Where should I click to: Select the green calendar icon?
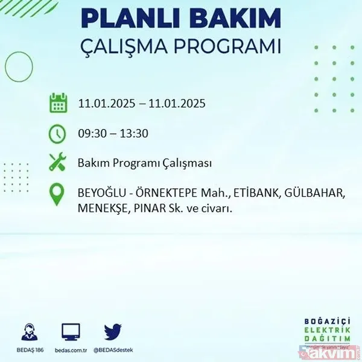point(58,103)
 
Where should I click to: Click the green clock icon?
point(58,133)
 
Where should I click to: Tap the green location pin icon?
point(58,194)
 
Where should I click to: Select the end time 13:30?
point(135,133)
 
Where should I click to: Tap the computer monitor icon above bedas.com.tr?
point(71,331)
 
